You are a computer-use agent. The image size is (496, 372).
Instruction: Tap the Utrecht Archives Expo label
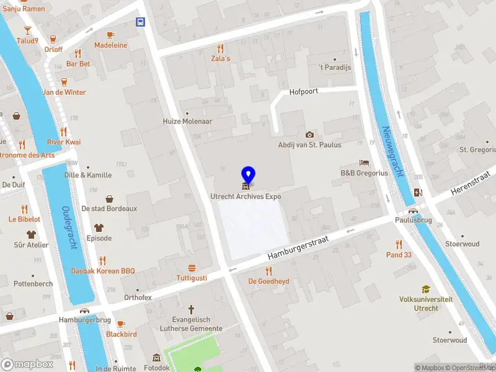point(246,197)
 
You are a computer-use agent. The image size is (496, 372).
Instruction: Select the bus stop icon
point(141,22)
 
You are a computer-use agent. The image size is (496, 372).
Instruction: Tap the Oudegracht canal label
point(70,228)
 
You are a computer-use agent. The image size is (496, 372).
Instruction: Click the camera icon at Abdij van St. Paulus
point(309,135)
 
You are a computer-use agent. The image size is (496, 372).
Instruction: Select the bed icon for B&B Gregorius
point(364,162)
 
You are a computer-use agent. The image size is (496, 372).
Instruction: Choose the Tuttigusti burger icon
point(192,268)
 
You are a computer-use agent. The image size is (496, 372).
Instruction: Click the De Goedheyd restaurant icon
point(268,270)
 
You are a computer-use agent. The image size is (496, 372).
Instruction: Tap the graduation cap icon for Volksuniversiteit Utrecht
point(425,289)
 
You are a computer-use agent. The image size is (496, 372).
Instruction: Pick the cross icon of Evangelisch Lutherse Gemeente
point(192,308)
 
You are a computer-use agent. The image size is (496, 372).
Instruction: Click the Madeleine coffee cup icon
point(110,35)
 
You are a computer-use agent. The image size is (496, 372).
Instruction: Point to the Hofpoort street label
point(304,92)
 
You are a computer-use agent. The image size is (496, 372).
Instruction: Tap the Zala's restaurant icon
point(219,48)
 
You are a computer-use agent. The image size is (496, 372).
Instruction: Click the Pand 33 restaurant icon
point(399,244)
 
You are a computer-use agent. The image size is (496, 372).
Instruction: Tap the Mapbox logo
point(27,364)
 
